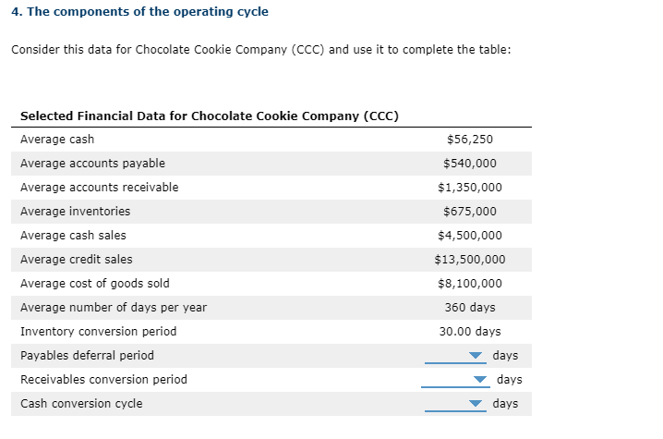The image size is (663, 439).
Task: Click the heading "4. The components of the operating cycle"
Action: point(139,12)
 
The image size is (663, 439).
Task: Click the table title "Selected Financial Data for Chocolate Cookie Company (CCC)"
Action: point(210,116)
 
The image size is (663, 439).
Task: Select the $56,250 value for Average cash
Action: point(469,140)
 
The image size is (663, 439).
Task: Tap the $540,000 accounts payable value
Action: point(469,164)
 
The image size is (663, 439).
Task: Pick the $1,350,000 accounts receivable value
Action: point(469,188)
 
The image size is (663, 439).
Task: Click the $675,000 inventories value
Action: point(469,212)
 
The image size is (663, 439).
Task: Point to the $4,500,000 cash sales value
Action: point(469,236)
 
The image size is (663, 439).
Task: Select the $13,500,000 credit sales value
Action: point(469,260)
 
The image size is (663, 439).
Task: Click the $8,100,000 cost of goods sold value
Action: point(469,284)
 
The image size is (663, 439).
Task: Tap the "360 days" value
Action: point(469,308)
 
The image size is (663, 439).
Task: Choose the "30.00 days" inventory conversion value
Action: point(469,332)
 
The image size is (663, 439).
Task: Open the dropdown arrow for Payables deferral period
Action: point(476,356)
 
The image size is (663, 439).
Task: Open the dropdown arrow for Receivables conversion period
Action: point(479,380)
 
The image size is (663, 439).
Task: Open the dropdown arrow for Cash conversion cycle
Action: point(476,404)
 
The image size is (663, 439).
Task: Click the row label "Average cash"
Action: point(57,140)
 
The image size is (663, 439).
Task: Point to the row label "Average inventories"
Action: point(75,212)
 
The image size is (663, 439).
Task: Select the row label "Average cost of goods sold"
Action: point(95,284)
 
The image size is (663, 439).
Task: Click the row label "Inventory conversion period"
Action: point(98,332)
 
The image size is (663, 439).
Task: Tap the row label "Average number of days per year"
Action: point(114,308)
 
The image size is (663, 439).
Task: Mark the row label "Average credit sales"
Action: point(76,260)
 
